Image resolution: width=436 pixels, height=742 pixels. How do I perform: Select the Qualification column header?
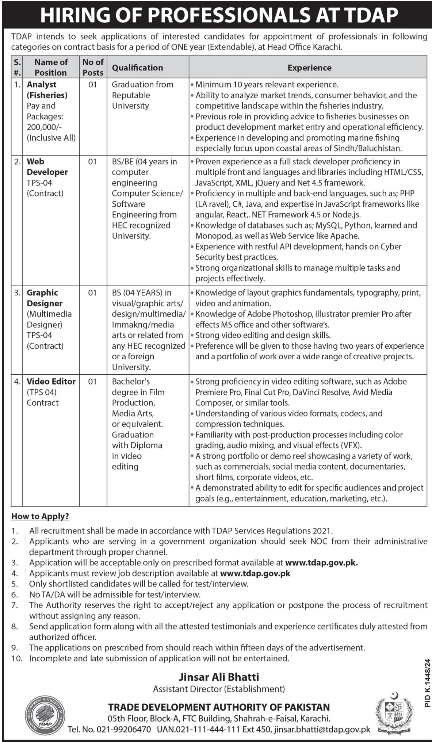[137, 68]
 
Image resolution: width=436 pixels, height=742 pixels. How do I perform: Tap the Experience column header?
[309, 68]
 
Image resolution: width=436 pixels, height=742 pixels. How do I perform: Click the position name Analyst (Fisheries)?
[47, 90]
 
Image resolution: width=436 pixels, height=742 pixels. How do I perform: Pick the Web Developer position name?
[47, 167]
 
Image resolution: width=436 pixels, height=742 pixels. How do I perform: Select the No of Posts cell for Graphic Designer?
[93, 293]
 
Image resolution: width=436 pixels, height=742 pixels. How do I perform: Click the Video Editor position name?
[51, 382]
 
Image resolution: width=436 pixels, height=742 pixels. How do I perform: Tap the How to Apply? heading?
[40, 516]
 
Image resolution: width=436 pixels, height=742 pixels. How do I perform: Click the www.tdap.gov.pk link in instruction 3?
[321, 563]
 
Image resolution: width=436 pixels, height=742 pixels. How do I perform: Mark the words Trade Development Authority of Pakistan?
[219, 707]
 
